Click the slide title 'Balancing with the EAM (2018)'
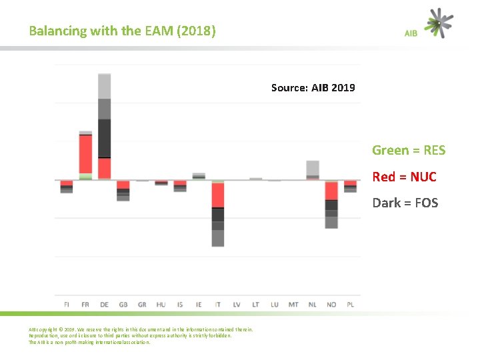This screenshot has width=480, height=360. pyautogui.click(x=122, y=31)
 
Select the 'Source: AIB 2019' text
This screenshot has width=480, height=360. pyautogui.click(x=313, y=87)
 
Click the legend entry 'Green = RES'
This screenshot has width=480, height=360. pyautogui.click(x=408, y=150)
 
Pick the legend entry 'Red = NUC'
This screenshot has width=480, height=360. pyautogui.click(x=404, y=177)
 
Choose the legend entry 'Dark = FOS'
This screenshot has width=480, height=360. pyautogui.click(x=405, y=203)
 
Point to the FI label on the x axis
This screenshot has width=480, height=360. pyautogui.click(x=66, y=305)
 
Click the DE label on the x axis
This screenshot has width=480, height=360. pyautogui.click(x=104, y=305)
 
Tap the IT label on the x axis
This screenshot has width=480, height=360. pyautogui.click(x=217, y=305)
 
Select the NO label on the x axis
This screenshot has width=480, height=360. pyautogui.click(x=331, y=305)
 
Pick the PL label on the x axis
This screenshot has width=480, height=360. pyautogui.click(x=351, y=305)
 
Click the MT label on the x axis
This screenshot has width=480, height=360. pyautogui.click(x=293, y=305)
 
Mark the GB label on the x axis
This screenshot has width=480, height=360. pyautogui.click(x=123, y=305)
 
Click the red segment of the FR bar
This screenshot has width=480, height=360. pyautogui.click(x=85, y=154)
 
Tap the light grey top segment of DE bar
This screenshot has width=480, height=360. pyautogui.click(x=104, y=86)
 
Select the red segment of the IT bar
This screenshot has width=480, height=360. pyautogui.click(x=218, y=195)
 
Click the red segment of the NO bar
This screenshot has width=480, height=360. pyautogui.click(x=331, y=191)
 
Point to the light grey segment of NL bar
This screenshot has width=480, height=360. pyautogui.click(x=313, y=167)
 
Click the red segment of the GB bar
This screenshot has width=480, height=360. pyautogui.click(x=123, y=185)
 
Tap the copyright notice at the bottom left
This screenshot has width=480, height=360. pyautogui.click(x=140, y=335)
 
